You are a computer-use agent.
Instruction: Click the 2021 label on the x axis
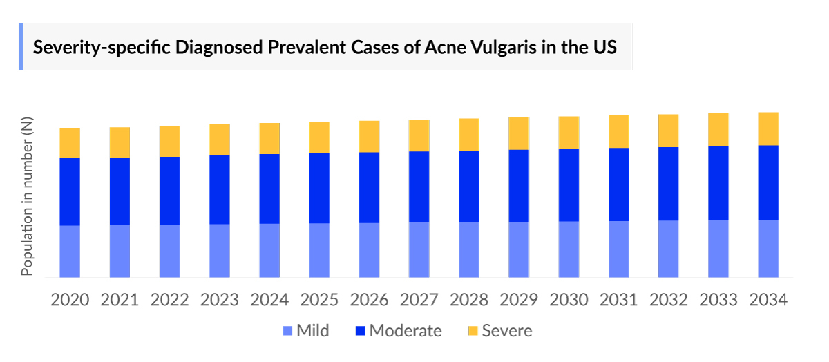120,300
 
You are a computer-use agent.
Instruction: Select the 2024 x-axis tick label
269,300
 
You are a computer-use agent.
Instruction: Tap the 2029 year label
519,300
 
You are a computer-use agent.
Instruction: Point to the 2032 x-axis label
669,300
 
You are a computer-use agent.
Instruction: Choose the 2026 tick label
369,300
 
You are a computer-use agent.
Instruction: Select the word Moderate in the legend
406,331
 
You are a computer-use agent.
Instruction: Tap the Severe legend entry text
507,331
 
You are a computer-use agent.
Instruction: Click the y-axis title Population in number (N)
27,197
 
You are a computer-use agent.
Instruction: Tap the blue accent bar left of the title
21,47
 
